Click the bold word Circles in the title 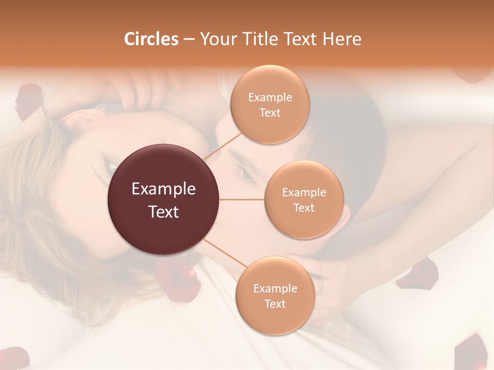(x=151, y=39)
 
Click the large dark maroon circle (x=164, y=199)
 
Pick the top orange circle (x=270, y=105)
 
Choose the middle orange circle (x=304, y=199)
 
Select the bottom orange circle (x=275, y=296)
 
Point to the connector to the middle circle (x=242, y=199)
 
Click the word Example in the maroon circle (x=164, y=189)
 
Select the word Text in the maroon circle (x=164, y=212)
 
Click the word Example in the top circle (x=270, y=97)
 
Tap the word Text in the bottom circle (x=275, y=304)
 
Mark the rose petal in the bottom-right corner (x=471, y=352)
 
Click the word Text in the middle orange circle (x=304, y=208)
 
